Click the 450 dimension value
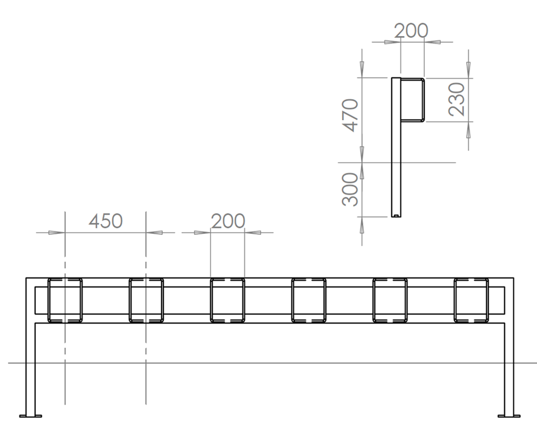click(106, 221)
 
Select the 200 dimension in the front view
click(228, 221)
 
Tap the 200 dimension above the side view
click(411, 31)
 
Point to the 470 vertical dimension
click(350, 115)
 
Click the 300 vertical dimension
click(350, 190)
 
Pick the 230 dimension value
click(457, 99)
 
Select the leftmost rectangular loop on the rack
click(65, 300)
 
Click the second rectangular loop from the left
click(146, 300)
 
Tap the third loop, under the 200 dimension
click(227, 300)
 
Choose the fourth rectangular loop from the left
click(309, 300)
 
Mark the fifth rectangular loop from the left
click(390, 300)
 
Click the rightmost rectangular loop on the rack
click(471, 300)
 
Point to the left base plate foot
click(30, 416)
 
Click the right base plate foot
click(509, 416)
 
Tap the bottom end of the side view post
click(396, 214)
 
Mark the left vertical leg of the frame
click(30, 368)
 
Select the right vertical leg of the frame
click(509, 368)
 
